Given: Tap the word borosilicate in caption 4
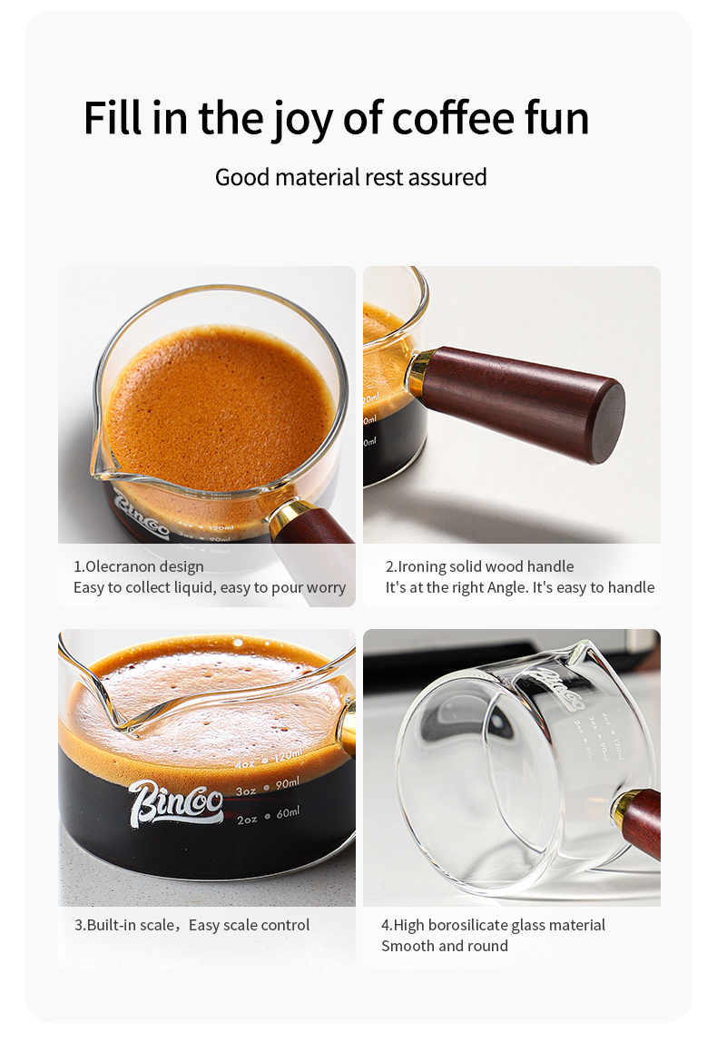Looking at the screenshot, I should [x=469, y=925].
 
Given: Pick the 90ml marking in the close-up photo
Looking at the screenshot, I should [x=287, y=784].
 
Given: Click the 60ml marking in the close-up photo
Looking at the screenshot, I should [x=288, y=812].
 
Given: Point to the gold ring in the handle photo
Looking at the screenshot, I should [x=419, y=371].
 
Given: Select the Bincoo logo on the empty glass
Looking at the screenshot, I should [x=556, y=685].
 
